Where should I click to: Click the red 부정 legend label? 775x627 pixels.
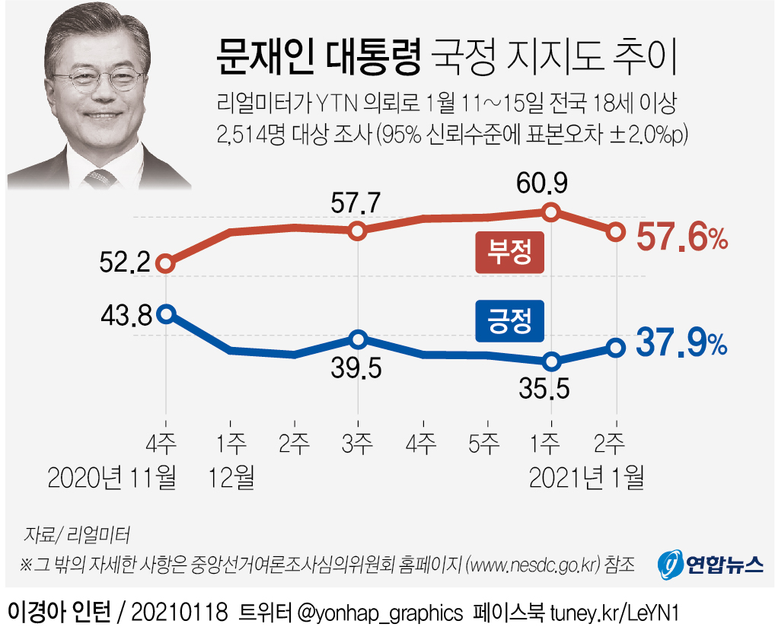pos(509,253)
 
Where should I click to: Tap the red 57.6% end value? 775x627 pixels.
pos(682,240)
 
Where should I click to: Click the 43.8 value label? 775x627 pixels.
pos(126,313)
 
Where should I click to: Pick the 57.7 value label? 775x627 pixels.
pos(356,203)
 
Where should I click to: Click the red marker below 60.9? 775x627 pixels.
pos(552,212)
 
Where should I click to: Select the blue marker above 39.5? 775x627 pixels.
pos(359,339)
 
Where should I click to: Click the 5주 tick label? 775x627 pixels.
pos(484,443)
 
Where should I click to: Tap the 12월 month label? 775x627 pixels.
pos(231,477)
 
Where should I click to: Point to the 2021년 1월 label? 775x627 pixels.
pos(586,477)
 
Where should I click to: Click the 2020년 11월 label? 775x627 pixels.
pos(112,477)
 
